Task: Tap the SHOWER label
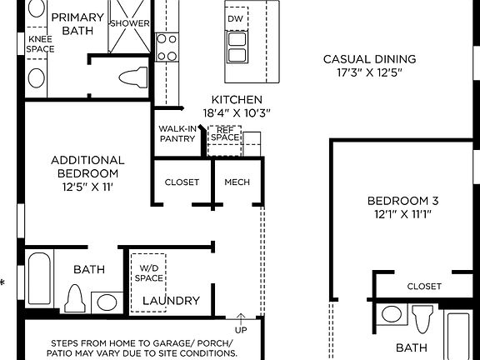coord(130,23)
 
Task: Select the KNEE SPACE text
coord(41,44)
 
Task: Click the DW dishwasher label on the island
coord(236,17)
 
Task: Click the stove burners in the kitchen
coord(167,46)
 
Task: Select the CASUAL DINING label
coord(369,59)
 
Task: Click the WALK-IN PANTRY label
coord(177,134)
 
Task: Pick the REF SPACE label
coord(223,133)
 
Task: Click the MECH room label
coord(237,182)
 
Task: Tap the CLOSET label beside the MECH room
coord(182,182)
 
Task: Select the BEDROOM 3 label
coord(403,201)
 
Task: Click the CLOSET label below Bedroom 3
coord(424,287)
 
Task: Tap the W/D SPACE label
coord(151,273)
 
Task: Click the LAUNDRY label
coord(171,301)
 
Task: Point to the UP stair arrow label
coord(242,330)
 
